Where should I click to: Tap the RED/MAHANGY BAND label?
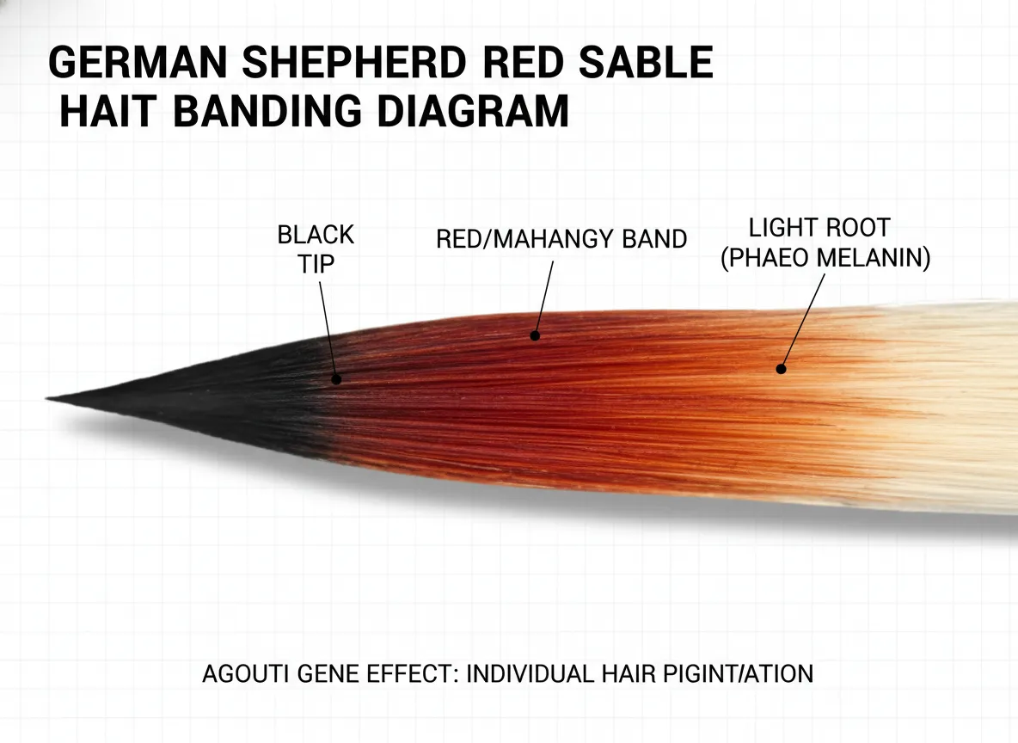[561, 239]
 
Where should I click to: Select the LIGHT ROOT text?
[819, 229]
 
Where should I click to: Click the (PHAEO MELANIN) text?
[825, 259]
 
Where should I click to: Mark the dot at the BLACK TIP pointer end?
[336, 378]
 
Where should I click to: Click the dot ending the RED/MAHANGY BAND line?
[535, 335]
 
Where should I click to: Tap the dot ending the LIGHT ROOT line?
[781, 368]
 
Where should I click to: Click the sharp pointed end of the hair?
[50, 398]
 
